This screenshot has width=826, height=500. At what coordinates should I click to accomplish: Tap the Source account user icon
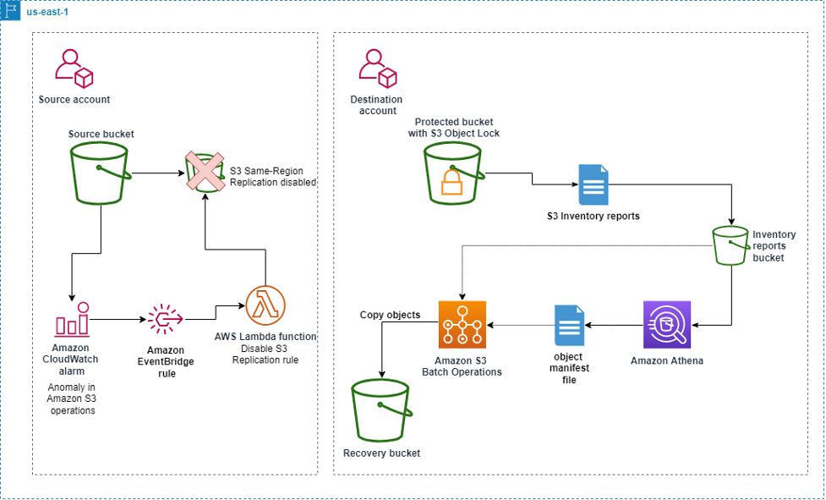pos(73,69)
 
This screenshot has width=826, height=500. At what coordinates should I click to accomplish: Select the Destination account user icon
pos(377,69)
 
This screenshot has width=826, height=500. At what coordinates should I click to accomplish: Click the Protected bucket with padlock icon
pos(454,173)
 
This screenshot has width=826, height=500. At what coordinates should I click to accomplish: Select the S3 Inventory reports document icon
pos(593,184)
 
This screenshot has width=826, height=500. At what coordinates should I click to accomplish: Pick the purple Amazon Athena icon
pos(667,325)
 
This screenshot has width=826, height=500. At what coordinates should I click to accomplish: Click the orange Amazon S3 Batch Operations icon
pos(462,325)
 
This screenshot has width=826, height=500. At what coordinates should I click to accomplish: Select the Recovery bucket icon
pos(381,409)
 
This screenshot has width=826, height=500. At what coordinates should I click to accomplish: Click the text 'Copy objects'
pos(390,315)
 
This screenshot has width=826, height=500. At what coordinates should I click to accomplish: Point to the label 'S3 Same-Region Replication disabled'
pos(273,176)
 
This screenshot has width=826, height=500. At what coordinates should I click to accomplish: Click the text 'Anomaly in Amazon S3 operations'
pos(72,399)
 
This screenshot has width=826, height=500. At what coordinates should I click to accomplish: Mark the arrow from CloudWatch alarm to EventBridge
pos(118,320)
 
